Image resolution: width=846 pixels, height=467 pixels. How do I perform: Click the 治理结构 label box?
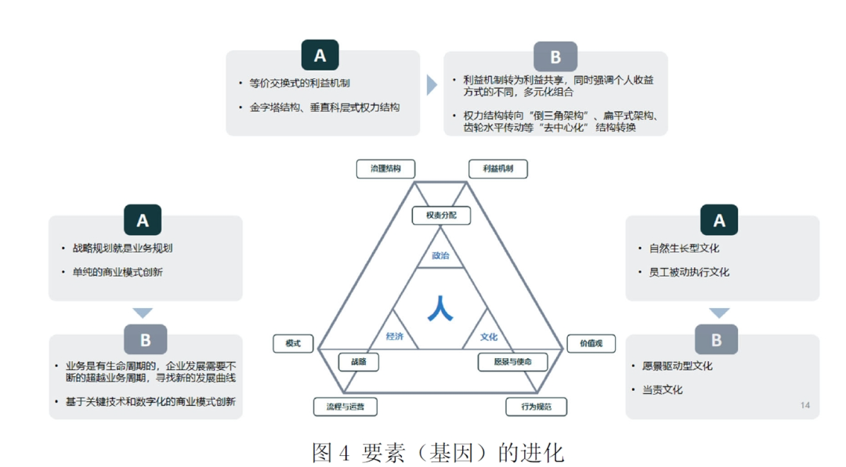385,168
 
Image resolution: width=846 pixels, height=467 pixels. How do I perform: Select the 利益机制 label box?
498,168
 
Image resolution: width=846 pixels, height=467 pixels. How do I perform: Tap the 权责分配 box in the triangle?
441,215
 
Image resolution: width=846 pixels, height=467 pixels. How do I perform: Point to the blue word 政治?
440,255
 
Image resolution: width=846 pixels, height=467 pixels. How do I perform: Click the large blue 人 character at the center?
440,308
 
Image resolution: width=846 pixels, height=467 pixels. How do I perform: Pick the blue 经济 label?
395,336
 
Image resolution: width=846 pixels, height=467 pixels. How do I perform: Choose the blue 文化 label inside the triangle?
489,337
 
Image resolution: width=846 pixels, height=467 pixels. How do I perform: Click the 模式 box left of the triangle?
293,343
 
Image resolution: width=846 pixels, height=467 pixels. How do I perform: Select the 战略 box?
358,361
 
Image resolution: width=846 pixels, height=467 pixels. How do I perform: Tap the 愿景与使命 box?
512,361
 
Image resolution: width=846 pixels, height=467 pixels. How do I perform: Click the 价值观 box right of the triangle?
591,343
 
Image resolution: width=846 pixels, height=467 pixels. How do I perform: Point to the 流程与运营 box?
345,407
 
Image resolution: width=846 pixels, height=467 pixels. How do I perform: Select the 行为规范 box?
536,407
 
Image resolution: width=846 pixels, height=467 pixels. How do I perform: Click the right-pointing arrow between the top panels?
432,85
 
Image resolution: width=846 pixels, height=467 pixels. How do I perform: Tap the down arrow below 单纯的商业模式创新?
143,313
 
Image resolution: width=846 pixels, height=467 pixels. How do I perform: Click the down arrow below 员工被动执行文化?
719,313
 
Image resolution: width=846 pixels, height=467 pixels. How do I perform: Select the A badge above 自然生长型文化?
719,220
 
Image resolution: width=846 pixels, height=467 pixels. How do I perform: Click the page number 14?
805,405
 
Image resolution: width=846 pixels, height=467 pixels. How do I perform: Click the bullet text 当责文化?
663,389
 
